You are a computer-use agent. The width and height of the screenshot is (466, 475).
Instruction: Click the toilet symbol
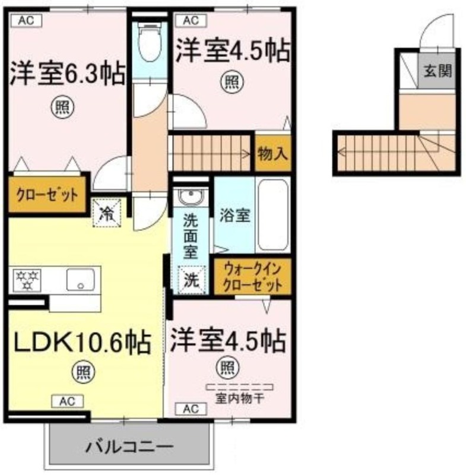(150, 43)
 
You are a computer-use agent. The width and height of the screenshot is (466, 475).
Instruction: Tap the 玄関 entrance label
(438, 71)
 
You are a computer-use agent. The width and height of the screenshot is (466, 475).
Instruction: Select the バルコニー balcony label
(129, 447)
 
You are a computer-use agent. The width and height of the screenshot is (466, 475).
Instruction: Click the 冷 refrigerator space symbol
(107, 213)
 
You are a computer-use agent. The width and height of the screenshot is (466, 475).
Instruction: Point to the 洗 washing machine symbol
(192, 280)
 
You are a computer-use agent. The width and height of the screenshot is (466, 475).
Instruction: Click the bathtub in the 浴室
(273, 215)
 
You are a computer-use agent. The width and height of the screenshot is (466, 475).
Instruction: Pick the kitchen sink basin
(81, 279)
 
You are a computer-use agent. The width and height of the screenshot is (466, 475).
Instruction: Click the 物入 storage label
(272, 153)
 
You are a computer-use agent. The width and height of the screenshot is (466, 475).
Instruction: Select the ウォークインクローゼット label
(252, 277)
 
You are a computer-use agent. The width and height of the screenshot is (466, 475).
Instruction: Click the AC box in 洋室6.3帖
(26, 21)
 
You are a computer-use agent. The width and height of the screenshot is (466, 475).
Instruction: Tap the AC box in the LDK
(67, 401)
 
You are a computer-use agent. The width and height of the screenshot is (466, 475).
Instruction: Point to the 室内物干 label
(240, 398)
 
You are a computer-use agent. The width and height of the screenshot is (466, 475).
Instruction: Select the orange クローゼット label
(47, 195)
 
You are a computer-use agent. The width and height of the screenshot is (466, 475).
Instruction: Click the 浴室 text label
(234, 216)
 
